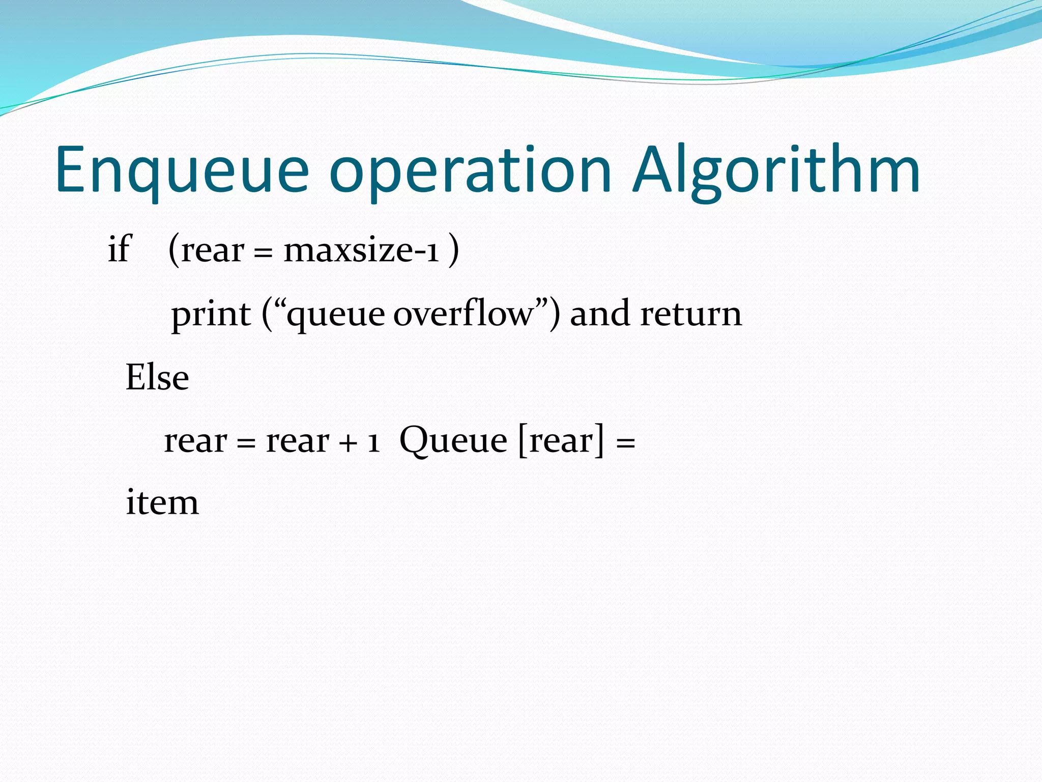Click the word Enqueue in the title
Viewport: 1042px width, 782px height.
(182, 171)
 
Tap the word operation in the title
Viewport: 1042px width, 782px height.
(470, 171)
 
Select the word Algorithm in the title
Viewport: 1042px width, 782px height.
(776, 171)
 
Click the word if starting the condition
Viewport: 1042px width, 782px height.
(120, 249)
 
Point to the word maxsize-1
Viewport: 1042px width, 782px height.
(361, 250)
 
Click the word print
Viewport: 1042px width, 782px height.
(211, 315)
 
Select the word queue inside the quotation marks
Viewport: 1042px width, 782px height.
(336, 316)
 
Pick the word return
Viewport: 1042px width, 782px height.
(690, 315)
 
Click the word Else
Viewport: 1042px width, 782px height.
(157, 378)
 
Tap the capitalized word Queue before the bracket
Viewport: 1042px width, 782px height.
(453, 441)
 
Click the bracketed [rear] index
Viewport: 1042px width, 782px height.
(561, 441)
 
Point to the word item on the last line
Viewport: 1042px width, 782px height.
(162, 503)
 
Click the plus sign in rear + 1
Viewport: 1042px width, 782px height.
(348, 442)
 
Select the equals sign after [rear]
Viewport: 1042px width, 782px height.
(625, 442)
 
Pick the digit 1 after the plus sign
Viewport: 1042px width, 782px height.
(373, 442)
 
